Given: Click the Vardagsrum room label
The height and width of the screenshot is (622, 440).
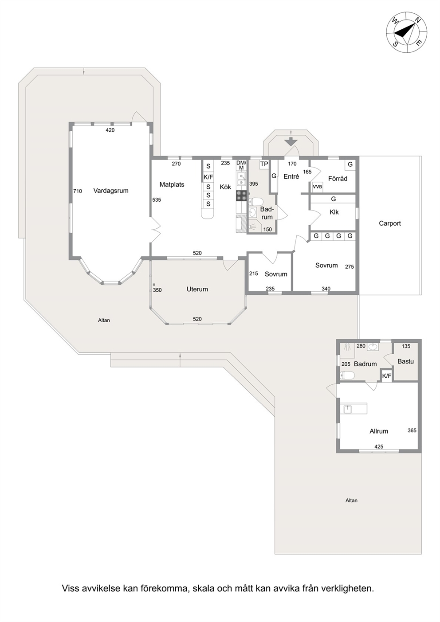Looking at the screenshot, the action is pos(111,191).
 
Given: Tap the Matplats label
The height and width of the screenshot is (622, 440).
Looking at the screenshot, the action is pos(172,184).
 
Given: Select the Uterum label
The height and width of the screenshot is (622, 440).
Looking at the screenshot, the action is pos(197,289).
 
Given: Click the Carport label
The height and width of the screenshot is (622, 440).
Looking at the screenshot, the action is pos(390,223).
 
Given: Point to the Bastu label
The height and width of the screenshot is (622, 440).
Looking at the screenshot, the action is pos(405,361).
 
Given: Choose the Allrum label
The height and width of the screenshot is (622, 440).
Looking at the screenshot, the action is pos(379,431).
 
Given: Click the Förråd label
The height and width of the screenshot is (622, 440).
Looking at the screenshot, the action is pos(338,178).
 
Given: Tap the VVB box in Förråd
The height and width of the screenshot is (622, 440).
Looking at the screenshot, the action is pos(317,187).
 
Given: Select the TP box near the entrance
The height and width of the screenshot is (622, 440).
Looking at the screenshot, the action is pos(264,164).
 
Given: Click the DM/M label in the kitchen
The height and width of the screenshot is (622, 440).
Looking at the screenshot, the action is pos(241,165).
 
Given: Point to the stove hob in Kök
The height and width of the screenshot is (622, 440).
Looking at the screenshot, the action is pos(241,196).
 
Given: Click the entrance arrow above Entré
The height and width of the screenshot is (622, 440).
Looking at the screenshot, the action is pos(290,141).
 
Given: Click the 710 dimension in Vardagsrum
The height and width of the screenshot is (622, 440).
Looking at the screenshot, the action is pos(78,191).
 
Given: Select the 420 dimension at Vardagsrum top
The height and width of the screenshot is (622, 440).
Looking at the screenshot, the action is pos(110,130).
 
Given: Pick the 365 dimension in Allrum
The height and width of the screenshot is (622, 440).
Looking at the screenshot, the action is pos(412,430).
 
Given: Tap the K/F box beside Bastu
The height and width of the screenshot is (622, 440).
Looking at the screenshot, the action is pos(387,376).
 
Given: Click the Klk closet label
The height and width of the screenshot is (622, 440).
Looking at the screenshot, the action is pos(334,212).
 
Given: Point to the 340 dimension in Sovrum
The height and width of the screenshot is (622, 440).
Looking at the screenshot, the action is pos(326,289).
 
